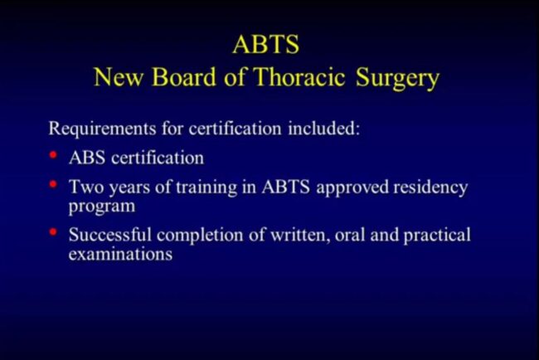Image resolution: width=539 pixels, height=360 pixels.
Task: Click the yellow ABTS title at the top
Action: [265, 44]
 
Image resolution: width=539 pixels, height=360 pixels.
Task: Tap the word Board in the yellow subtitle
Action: [183, 76]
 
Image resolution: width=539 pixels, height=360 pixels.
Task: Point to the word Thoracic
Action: [299, 76]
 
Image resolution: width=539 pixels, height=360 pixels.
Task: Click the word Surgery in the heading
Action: [398, 79]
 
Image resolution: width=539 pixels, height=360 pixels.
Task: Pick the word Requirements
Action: [103, 129]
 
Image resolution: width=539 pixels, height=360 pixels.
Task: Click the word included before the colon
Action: [323, 129]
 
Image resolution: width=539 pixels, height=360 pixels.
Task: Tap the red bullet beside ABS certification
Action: [53, 155]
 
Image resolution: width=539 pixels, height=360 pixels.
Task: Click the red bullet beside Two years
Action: [53, 184]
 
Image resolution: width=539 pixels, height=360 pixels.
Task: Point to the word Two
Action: [86, 187]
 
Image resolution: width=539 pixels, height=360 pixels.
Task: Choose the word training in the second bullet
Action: [206, 188]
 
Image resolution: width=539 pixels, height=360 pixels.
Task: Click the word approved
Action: [352, 188]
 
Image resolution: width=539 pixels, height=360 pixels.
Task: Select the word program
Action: [102, 207]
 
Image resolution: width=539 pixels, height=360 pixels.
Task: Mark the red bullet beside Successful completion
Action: [53, 232]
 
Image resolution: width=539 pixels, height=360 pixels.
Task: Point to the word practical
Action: [437, 236]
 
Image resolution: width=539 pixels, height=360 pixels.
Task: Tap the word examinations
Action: [120, 255]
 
